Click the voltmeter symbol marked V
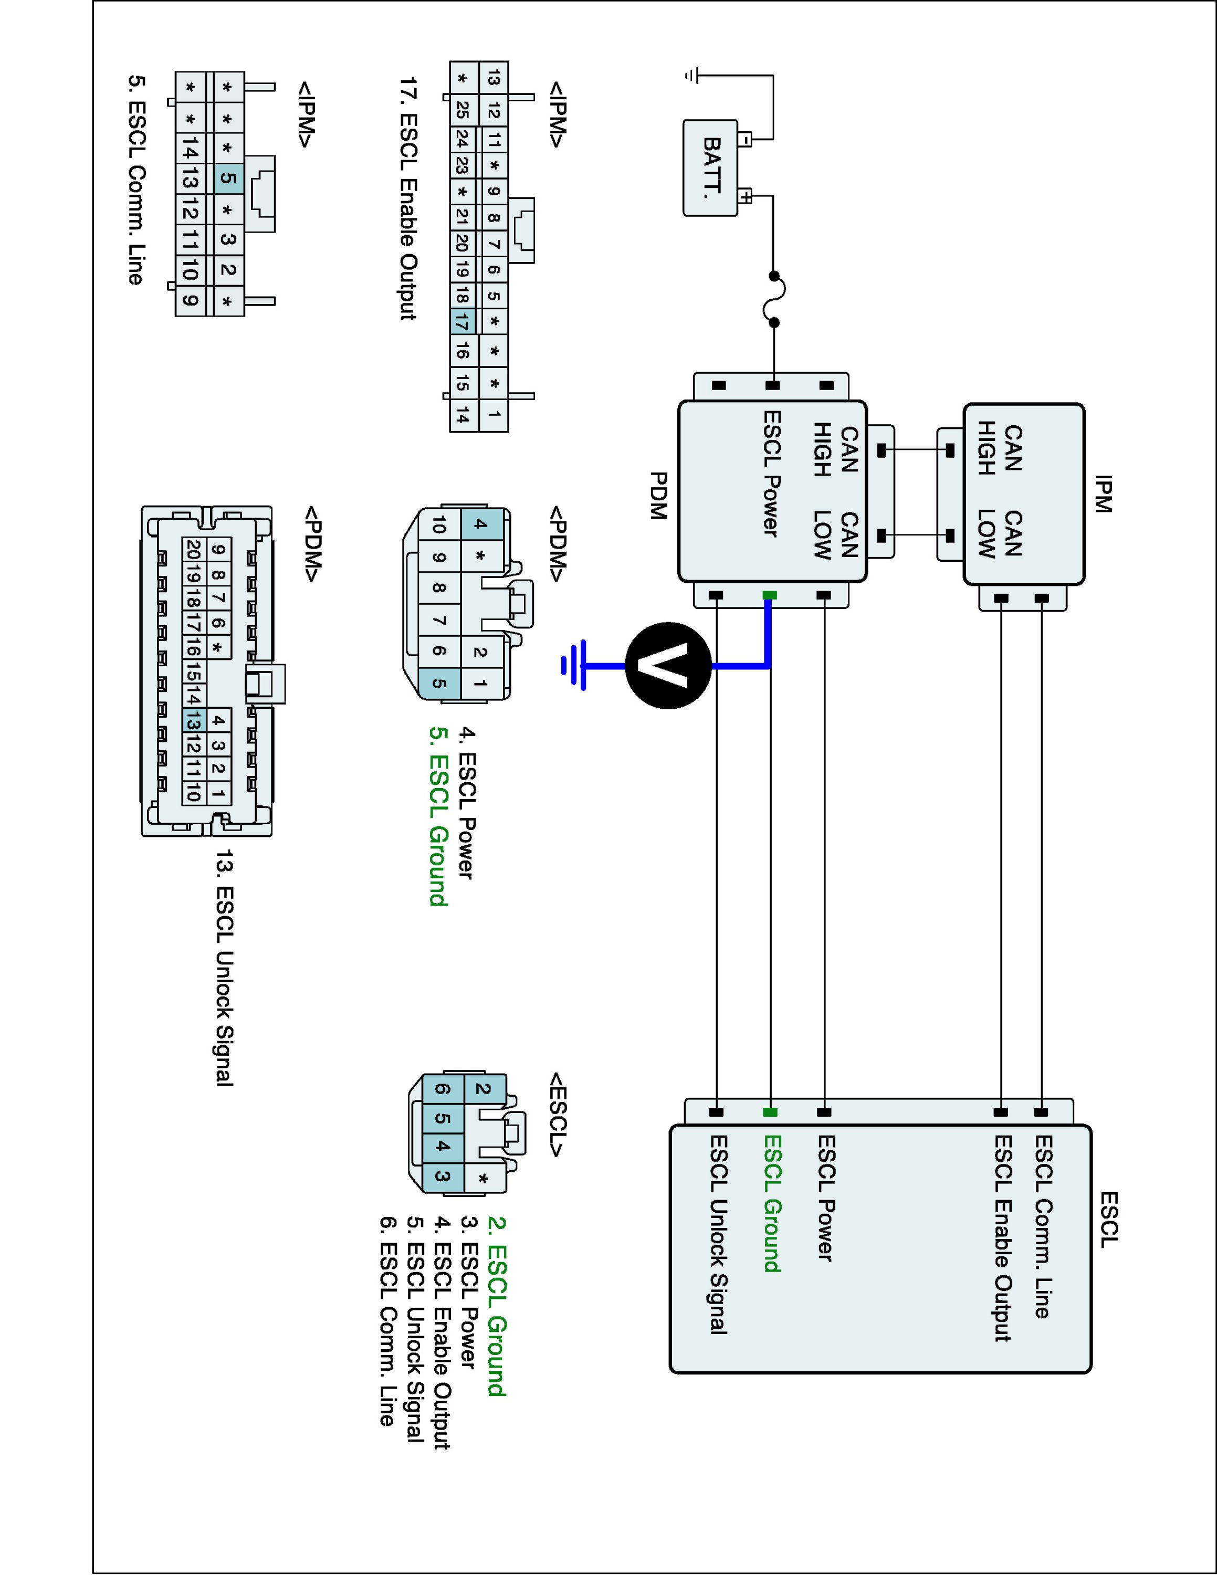[668, 666]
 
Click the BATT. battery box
[711, 168]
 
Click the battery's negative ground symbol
[692, 75]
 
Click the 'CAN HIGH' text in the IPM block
[999, 448]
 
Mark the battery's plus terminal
[746, 196]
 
